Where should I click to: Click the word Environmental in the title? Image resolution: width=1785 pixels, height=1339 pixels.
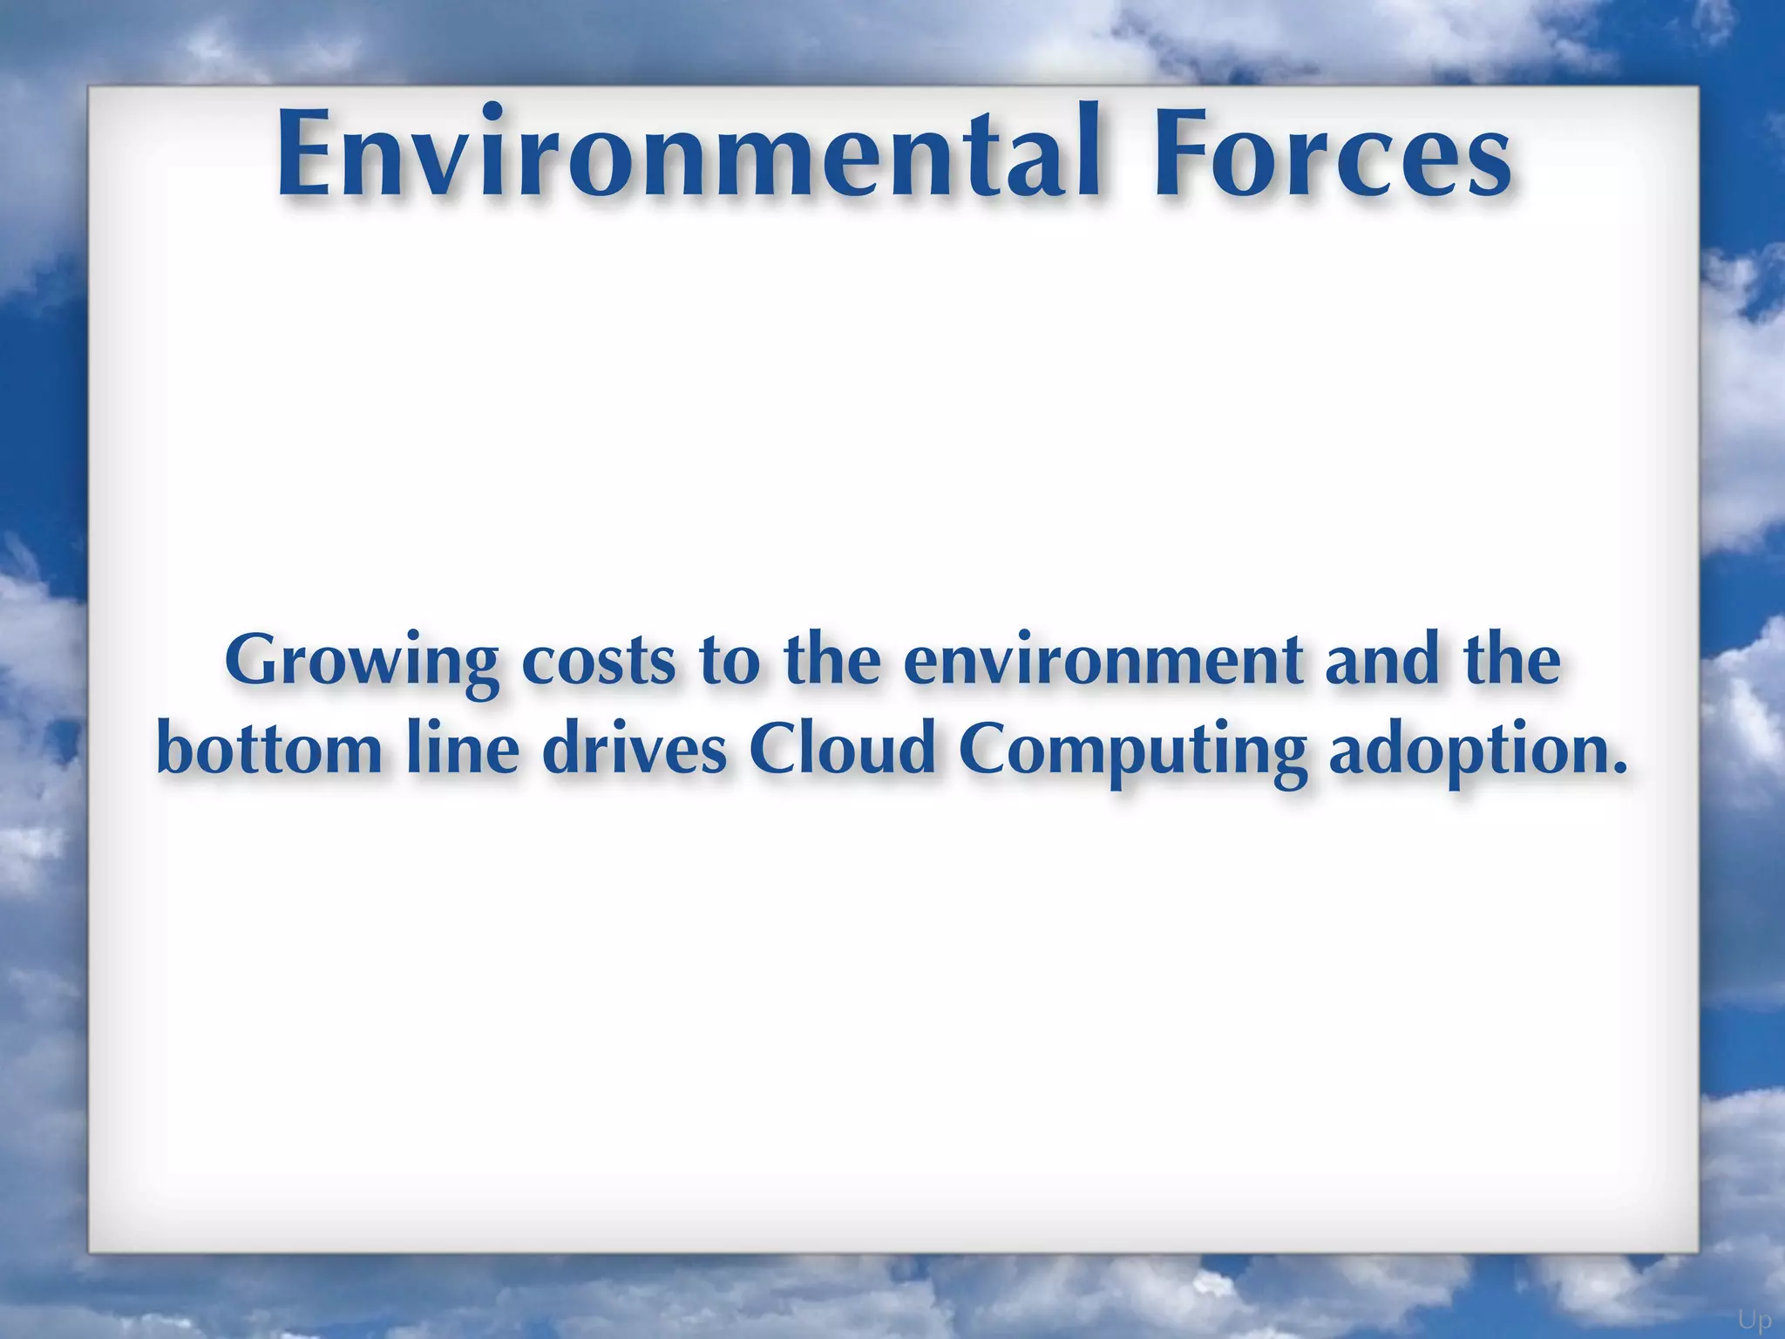coord(689,153)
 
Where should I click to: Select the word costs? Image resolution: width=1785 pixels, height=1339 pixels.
coord(598,661)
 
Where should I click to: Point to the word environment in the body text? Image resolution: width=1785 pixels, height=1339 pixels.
coord(1102,661)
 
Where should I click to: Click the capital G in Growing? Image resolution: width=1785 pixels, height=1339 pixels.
coord(254,661)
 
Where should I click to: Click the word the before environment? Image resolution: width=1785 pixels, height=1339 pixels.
coord(831,661)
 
